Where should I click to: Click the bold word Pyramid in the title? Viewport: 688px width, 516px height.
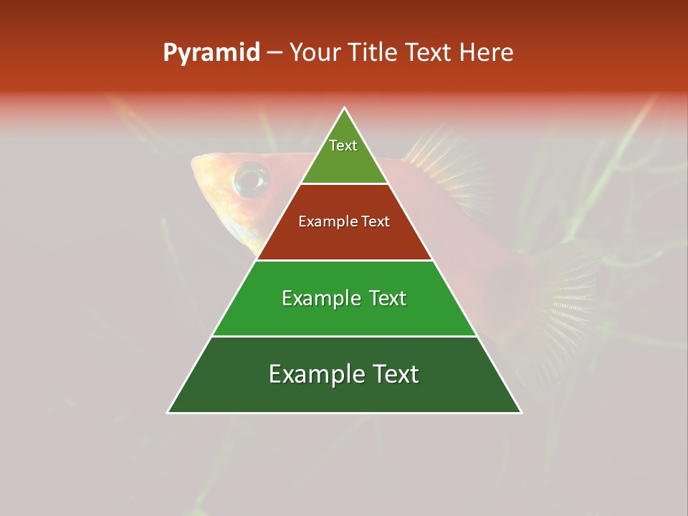point(211,53)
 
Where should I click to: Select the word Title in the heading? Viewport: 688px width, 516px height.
point(377,53)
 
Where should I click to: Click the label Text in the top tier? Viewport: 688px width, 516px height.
point(343,145)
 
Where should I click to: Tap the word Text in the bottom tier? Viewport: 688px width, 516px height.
point(396,374)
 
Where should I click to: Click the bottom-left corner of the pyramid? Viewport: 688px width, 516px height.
point(168,412)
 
